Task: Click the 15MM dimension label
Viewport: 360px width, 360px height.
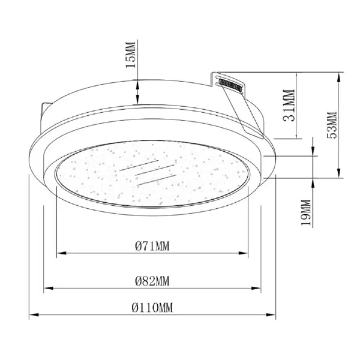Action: [130, 55]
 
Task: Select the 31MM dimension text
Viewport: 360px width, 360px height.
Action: [289, 106]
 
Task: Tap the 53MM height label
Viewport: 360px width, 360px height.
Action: [332, 125]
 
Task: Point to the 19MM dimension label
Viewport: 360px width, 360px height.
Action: [306, 212]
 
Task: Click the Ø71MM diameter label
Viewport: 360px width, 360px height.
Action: [152, 246]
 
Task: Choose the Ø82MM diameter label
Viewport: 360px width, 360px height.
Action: [152, 281]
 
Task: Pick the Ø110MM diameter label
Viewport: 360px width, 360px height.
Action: [152, 307]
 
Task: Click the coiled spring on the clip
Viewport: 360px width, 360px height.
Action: [230, 85]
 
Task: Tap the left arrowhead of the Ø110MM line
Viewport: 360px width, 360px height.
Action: [34, 314]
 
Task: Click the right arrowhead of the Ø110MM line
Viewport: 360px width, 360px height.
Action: [271, 314]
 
